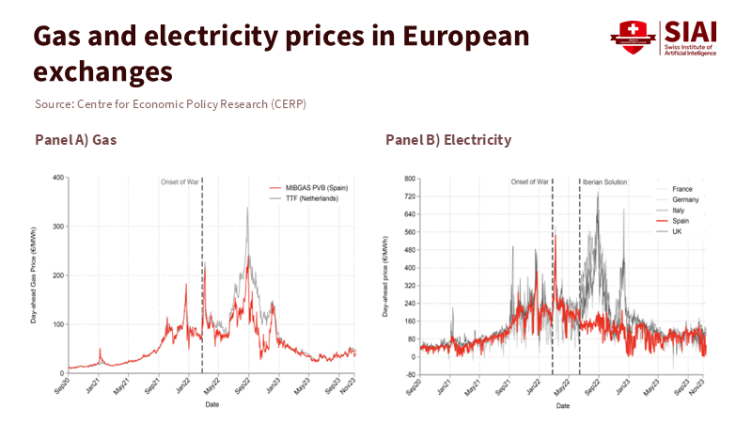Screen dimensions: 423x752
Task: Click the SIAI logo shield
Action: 629,38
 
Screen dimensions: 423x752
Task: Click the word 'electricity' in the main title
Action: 239,37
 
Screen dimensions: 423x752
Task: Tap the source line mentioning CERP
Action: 170,102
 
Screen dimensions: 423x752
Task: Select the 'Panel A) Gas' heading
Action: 82,140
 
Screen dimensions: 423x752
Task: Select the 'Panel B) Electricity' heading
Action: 448,140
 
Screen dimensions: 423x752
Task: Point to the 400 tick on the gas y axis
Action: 59,178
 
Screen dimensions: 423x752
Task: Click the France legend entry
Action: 682,189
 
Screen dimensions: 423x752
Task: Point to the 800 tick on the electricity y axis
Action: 409,178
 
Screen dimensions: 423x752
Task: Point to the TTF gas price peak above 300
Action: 247,209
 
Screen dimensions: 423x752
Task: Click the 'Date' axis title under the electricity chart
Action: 561,406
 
